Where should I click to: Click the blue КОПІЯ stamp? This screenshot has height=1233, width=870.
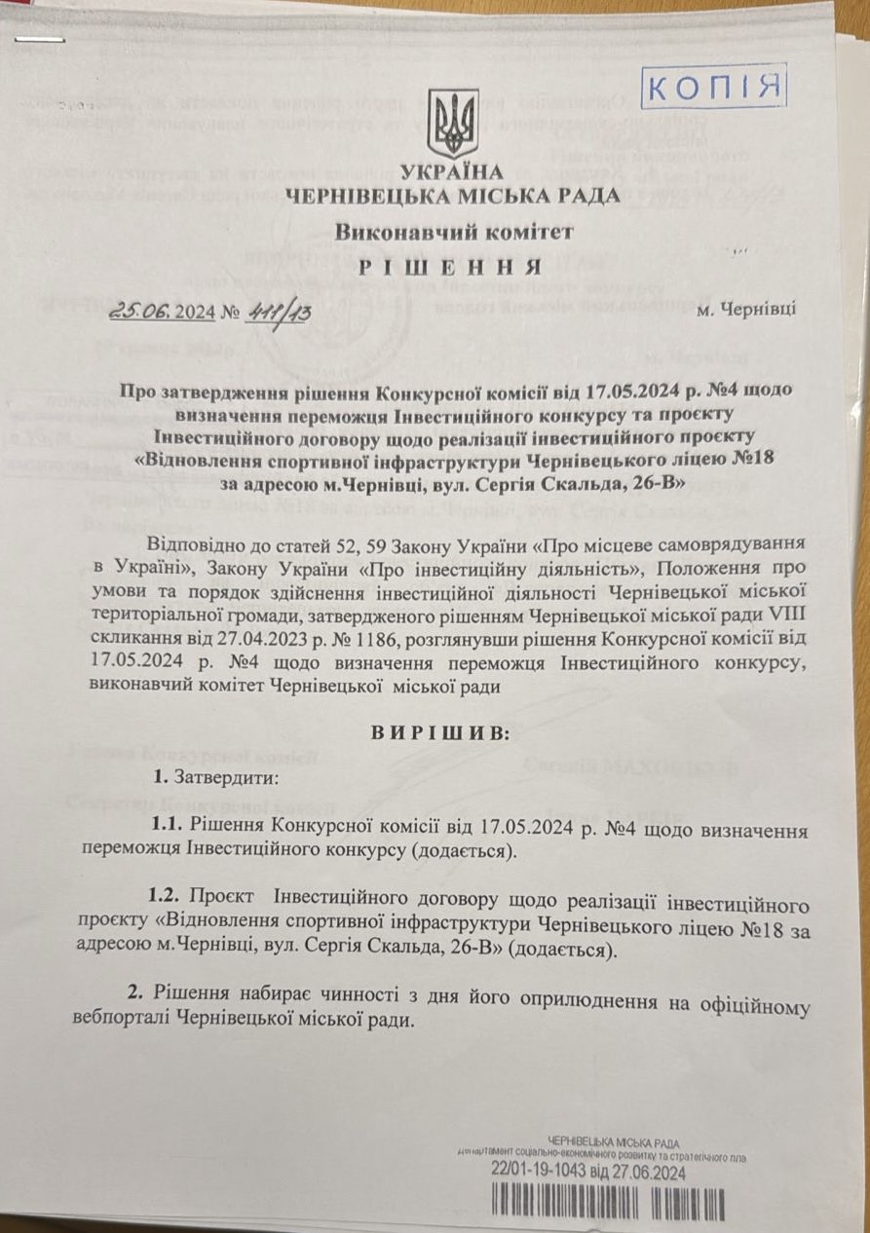(x=714, y=87)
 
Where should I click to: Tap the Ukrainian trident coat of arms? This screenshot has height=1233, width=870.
(x=454, y=123)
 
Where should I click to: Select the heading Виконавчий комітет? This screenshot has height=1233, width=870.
(x=454, y=232)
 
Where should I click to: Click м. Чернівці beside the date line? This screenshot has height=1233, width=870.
(x=746, y=309)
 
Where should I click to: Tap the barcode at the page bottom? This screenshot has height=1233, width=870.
(x=608, y=1203)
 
